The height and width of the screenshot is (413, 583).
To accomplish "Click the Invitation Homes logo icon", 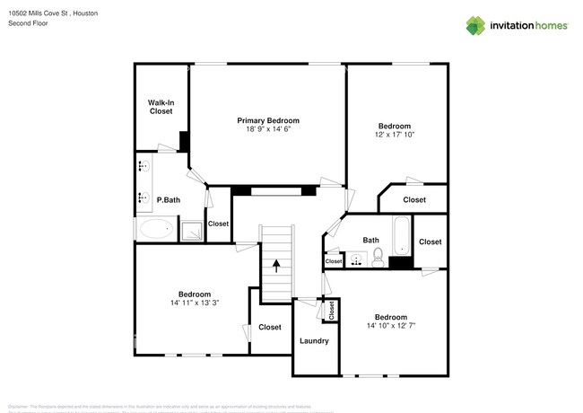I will pyautogui.click(x=476, y=24).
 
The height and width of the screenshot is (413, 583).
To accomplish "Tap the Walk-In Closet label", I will pyautogui.click(x=161, y=107).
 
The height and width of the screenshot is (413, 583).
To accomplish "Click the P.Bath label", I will pyautogui.click(x=169, y=200).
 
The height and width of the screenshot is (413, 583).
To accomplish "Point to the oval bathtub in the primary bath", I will pyautogui.click(x=158, y=229).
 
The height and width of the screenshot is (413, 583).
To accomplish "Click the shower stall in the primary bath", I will pyautogui.click(x=191, y=231).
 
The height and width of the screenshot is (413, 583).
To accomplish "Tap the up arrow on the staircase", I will pyautogui.click(x=276, y=266).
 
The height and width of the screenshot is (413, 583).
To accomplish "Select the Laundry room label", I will pyautogui.click(x=314, y=341).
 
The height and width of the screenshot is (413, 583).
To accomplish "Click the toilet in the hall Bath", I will pyautogui.click(x=378, y=259).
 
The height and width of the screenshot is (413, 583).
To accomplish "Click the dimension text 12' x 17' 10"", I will pyautogui.click(x=395, y=135).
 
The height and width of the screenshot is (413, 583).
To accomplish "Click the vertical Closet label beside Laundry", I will pyautogui.click(x=331, y=311).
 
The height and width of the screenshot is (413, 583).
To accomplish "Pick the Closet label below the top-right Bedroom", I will pyautogui.click(x=414, y=199).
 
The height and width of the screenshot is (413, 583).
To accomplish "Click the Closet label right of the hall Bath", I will pyautogui.click(x=430, y=242).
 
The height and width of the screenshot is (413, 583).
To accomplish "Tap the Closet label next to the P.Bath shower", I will pyautogui.click(x=218, y=224).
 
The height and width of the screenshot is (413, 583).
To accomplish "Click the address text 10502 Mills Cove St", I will pyautogui.click(x=39, y=14).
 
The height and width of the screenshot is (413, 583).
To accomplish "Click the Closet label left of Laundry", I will pyautogui.click(x=270, y=327).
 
